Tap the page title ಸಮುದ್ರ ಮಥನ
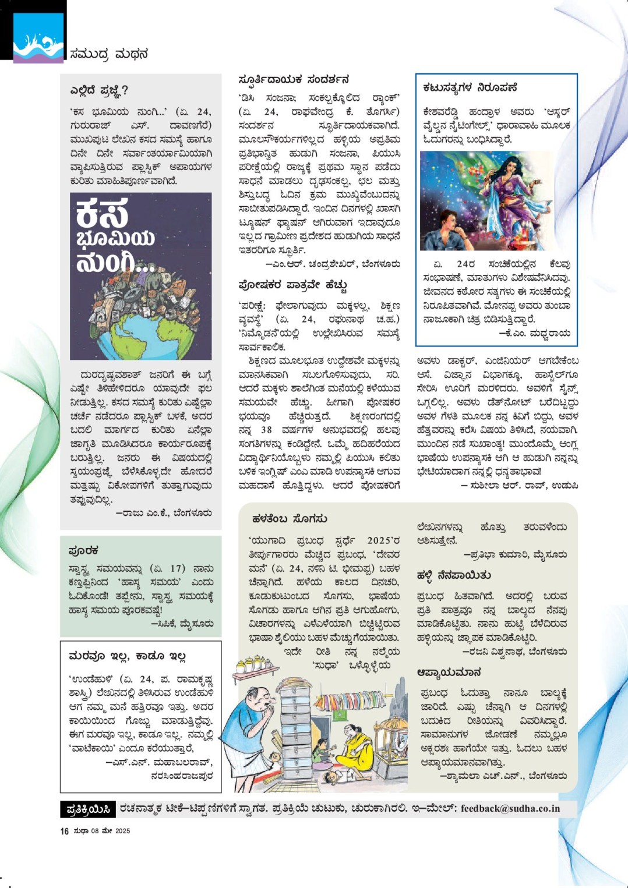[109, 54]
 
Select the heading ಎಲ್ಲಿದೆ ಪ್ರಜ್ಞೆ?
[99, 90]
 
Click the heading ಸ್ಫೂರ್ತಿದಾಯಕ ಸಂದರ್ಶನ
[294, 79]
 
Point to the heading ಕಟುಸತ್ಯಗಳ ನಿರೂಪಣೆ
[470, 87]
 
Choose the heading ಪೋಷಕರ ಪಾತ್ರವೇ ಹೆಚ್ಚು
[292, 285]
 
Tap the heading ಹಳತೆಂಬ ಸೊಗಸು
[289, 518]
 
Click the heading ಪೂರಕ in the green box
[83, 550]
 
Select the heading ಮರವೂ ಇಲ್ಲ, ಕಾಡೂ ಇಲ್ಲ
[127, 656]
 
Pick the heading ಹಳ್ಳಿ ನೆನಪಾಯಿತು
[453, 575]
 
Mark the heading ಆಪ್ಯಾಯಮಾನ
[449, 672]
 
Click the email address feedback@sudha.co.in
[510, 808]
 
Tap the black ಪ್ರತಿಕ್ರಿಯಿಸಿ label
[88, 809]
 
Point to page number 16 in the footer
[64, 831]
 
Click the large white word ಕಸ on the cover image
[101, 213]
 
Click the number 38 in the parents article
[266, 430]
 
